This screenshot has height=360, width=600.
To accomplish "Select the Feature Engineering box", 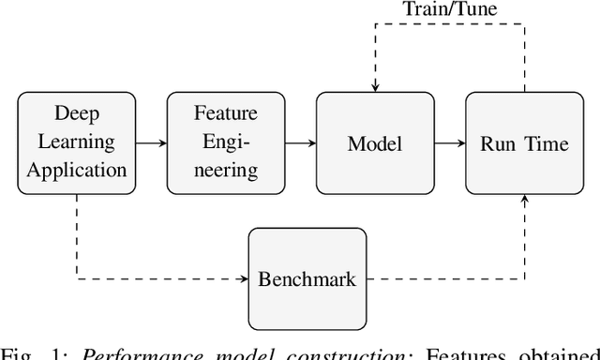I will click(225, 143).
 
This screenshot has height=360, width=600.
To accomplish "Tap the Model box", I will click(374, 143).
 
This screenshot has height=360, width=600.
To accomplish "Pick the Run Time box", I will click(523, 143).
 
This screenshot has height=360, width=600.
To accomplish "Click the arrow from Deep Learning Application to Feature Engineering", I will click(150, 143).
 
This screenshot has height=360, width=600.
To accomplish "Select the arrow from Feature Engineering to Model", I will click(299, 143).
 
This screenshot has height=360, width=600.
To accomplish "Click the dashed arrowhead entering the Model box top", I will click(374, 87).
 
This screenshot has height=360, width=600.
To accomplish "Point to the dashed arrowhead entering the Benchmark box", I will click(243, 278).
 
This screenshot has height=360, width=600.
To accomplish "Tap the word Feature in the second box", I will click(225, 115).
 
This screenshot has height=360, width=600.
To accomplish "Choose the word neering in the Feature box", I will click(225, 171).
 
